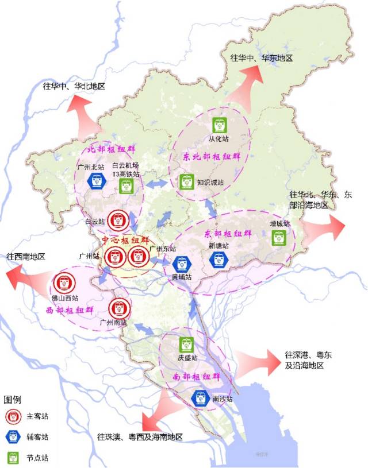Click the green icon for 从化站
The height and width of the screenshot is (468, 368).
click(220, 125)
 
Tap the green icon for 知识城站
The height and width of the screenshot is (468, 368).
click(185, 182)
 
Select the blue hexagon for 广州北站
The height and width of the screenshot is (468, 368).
click(95, 181)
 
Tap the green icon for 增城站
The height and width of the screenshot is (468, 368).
click(279, 237)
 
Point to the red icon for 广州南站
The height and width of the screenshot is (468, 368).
click(120, 308)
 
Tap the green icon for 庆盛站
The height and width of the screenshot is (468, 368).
click(186, 345)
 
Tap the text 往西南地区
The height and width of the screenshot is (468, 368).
click(26, 256)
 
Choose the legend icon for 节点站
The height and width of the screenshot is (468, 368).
click(13, 458)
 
